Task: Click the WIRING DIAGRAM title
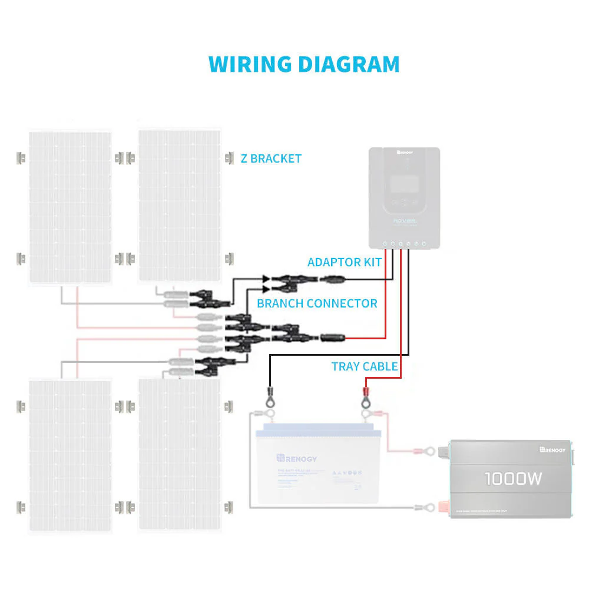pyautogui.click(x=304, y=64)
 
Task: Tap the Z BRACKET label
pyautogui.click(x=271, y=158)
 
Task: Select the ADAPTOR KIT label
pyautogui.click(x=344, y=262)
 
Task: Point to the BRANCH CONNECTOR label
pyautogui.click(x=317, y=303)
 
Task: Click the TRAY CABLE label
pyautogui.click(x=364, y=366)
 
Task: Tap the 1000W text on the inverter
pyautogui.click(x=513, y=479)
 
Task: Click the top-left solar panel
pyautogui.click(x=70, y=206)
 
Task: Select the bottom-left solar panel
pyautogui.click(x=70, y=454)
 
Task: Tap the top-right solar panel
pyautogui.click(x=179, y=206)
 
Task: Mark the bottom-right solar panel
pyautogui.click(x=179, y=454)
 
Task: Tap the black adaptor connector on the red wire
pyautogui.click(x=331, y=338)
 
